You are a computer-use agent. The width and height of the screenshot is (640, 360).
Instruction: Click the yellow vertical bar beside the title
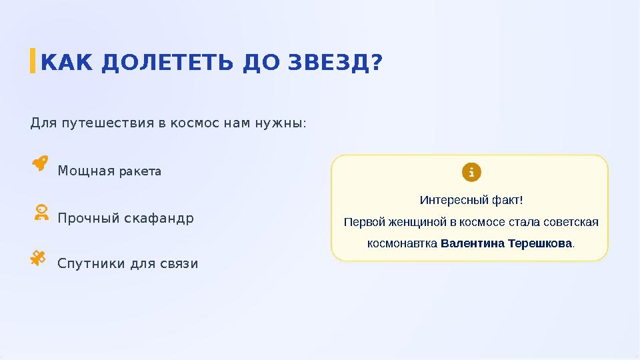click(x=33, y=60)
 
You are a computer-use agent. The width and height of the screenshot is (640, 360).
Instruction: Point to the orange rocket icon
click(x=40, y=163)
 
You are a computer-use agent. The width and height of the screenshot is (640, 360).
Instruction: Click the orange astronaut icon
click(x=41, y=213)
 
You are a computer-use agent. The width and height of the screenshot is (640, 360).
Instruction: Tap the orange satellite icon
click(x=39, y=258)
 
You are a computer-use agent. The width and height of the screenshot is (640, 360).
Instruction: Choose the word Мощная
click(x=86, y=171)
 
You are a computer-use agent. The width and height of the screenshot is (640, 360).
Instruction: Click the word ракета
click(x=140, y=171)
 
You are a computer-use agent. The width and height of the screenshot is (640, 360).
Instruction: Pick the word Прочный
click(x=89, y=218)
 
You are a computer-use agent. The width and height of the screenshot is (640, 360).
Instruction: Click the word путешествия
click(x=103, y=123)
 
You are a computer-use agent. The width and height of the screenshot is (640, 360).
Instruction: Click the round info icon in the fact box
click(x=471, y=172)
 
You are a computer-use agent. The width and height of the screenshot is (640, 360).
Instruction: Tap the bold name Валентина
click(x=473, y=243)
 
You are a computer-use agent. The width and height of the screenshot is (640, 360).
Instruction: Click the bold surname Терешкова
click(x=539, y=243)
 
